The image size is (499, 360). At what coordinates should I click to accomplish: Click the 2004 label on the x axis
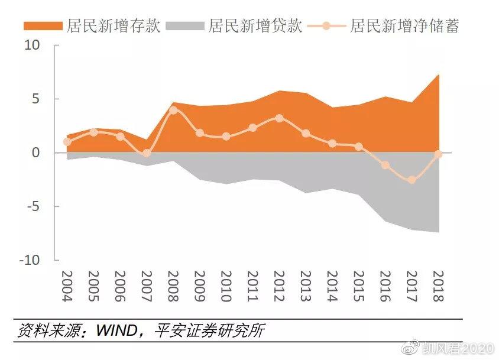(x=67, y=287)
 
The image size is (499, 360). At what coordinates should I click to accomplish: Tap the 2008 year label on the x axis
(x=173, y=287)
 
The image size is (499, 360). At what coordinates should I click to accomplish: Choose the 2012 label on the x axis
(x=279, y=287)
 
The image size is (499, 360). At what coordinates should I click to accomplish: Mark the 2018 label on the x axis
(x=438, y=287)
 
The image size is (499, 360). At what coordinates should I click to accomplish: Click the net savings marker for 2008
(x=173, y=110)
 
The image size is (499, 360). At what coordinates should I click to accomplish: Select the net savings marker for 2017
(x=411, y=180)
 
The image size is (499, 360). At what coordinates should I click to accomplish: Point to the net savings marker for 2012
(x=279, y=118)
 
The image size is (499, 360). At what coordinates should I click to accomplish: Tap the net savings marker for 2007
(x=147, y=153)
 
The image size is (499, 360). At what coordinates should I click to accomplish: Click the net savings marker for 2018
(x=438, y=154)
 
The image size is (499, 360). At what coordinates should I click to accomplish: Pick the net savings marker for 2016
(x=385, y=165)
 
